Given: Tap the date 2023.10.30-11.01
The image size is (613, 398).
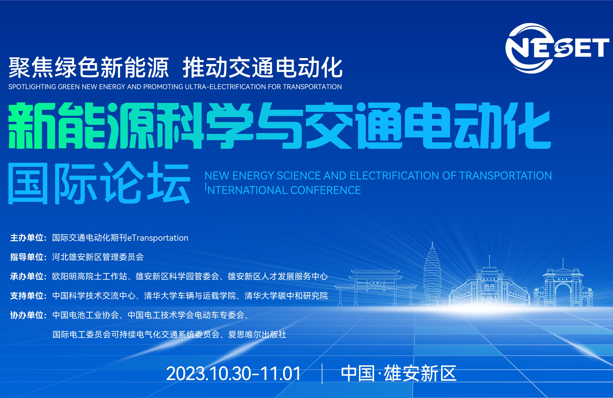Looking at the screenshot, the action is [233, 374].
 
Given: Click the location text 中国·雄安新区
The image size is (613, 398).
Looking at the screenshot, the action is [398, 374].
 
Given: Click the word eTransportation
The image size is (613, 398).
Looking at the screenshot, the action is [158, 238].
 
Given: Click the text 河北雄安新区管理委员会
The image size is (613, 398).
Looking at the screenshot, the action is [98, 257].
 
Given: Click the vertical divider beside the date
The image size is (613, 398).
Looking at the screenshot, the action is [322, 374].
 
